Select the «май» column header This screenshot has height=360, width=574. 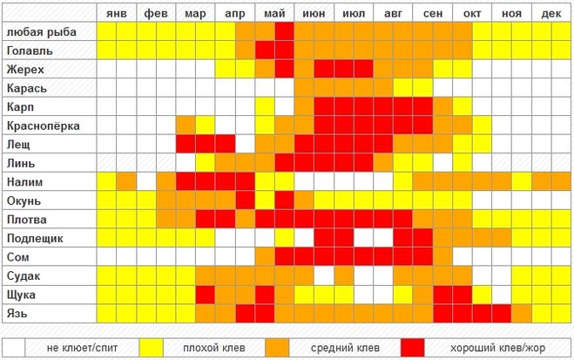click(x=274, y=15)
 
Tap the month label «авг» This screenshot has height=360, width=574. click(x=393, y=15)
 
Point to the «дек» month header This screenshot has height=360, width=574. click(x=550, y=15)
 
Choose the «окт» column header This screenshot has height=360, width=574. click(x=472, y=15)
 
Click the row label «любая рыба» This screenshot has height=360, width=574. click(x=41, y=31)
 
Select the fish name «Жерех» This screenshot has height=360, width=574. click(x=25, y=69)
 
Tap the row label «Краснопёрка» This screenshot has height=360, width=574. click(x=43, y=126)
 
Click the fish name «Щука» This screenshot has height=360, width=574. click(x=22, y=295)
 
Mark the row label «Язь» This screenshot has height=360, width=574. click(x=18, y=313)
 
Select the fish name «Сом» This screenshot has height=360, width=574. click(x=18, y=257)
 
